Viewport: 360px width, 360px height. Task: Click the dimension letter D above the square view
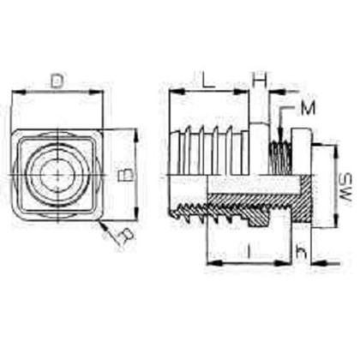[57, 81]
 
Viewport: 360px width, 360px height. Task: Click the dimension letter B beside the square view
[124, 174]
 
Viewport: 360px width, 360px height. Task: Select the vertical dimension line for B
[135, 171]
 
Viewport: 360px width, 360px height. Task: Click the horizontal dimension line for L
[209, 91]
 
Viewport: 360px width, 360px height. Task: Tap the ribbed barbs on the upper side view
[210, 146]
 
